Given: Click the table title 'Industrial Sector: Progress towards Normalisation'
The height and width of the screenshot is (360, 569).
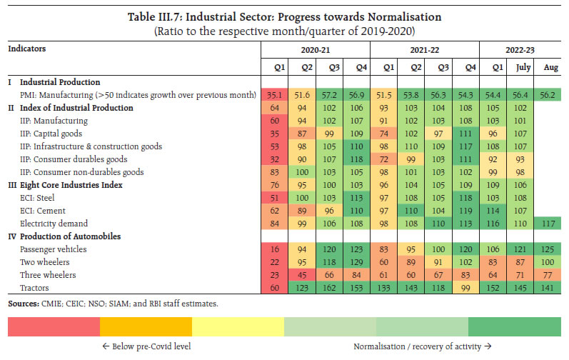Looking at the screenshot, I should [283, 16].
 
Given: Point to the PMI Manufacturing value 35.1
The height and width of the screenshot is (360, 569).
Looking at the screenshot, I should [274, 95].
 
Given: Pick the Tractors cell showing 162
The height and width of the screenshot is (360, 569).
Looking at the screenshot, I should [329, 288].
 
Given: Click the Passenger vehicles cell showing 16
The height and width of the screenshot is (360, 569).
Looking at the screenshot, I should [274, 249].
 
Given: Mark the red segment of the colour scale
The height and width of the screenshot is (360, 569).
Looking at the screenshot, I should [54, 327].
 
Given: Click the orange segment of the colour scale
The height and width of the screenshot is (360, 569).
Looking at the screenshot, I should [146, 327].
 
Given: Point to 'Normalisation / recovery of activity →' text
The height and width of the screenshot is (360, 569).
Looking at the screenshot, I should [421, 346].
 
